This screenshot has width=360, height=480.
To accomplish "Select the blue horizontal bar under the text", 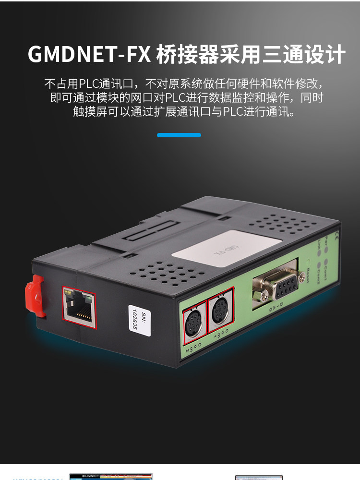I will pos(179,135).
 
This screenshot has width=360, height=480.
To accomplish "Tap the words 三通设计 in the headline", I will pos(304,55).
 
